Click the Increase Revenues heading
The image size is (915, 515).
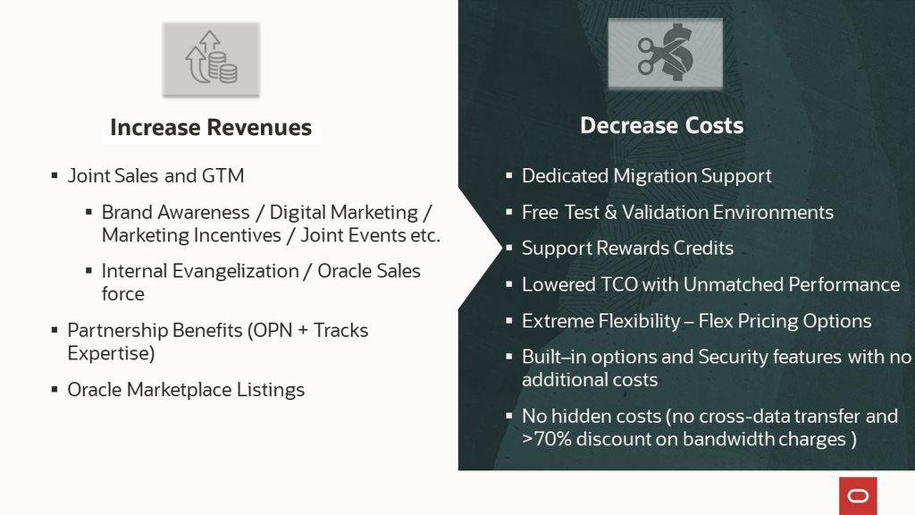[211, 128]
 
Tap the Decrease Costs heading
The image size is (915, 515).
[661, 125]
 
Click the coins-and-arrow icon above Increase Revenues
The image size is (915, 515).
[211, 58]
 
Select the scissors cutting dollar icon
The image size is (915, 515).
[665, 54]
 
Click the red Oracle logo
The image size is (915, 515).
[858, 495]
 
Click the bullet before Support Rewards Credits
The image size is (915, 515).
[509, 249]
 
